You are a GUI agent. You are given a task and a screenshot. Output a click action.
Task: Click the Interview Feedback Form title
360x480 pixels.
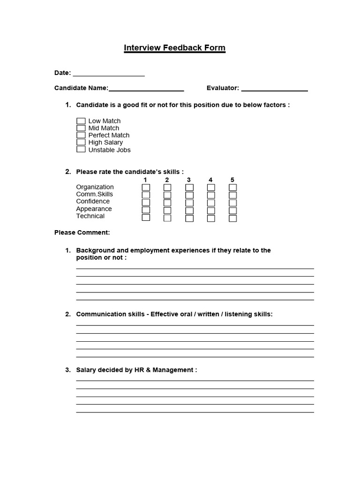click(174, 48)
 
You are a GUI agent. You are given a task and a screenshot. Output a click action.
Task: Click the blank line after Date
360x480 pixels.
click(108, 74)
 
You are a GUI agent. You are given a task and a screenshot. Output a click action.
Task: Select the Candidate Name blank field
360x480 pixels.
click(146, 89)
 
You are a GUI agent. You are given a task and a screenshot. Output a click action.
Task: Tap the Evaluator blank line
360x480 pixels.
click(274, 89)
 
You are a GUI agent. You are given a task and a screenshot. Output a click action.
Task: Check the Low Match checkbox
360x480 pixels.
click(81, 121)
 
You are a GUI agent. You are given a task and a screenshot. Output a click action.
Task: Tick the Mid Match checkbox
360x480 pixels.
click(81, 128)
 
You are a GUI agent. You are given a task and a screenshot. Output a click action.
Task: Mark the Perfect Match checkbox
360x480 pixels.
click(81, 135)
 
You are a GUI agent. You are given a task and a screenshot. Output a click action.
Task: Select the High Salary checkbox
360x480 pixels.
click(81, 142)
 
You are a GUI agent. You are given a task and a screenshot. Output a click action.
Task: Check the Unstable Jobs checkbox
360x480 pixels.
click(81, 150)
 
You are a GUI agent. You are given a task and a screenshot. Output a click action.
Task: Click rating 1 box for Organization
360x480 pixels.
click(146, 187)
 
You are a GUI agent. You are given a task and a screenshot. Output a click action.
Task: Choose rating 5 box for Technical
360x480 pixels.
click(232, 218)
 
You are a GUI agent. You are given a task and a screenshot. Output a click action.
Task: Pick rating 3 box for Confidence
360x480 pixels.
click(189, 202)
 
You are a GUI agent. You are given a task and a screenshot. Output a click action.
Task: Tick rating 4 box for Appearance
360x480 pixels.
click(211, 210)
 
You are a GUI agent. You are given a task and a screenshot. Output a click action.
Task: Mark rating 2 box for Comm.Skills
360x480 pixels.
click(167, 195)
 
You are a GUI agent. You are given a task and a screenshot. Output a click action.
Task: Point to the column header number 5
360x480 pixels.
click(232, 180)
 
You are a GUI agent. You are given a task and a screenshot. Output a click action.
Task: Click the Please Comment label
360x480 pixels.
click(82, 232)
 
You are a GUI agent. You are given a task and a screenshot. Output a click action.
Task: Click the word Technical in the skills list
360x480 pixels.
click(90, 216)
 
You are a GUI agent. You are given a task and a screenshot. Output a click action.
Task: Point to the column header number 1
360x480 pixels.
click(146, 180)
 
